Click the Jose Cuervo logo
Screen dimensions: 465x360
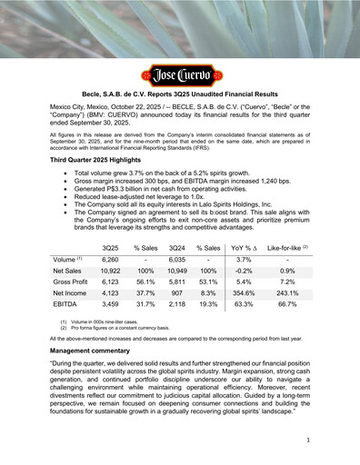pos(179,75)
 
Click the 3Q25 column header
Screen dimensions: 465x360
pos(110,248)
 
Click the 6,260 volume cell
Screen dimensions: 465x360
pos(110,259)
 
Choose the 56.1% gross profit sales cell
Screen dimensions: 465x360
pos(145,283)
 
